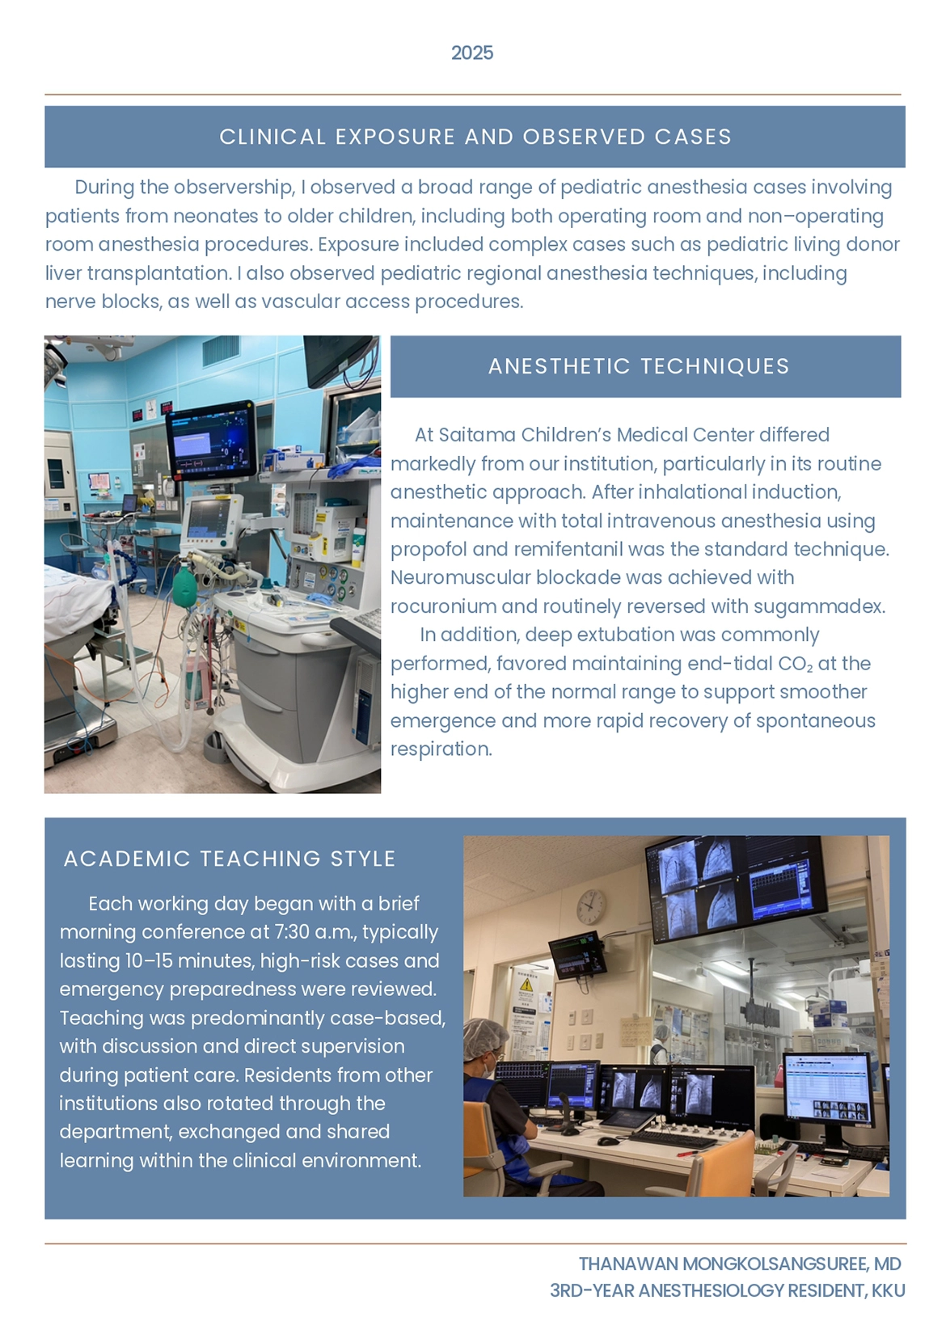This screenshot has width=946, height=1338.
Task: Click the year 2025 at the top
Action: tap(472, 53)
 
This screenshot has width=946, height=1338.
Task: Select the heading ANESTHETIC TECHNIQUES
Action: tap(639, 366)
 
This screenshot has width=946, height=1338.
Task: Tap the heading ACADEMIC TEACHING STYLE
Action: tap(230, 859)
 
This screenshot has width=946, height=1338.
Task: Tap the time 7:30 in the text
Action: tap(292, 932)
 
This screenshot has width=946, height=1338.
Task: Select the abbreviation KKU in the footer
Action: tap(888, 1290)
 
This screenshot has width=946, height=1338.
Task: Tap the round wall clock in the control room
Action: tap(591, 906)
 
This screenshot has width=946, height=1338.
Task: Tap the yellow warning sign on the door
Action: tap(526, 984)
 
